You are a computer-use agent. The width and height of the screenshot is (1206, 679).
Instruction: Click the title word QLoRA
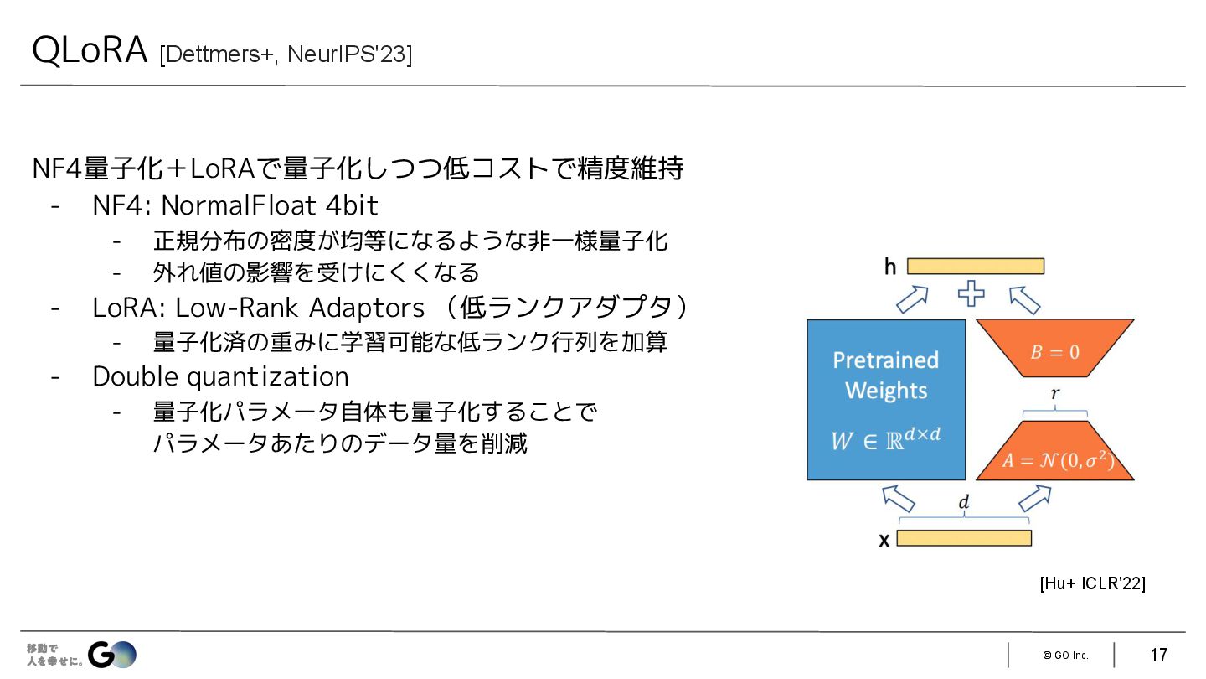(x=89, y=51)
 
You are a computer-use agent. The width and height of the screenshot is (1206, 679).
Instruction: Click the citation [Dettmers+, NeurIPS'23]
(x=285, y=55)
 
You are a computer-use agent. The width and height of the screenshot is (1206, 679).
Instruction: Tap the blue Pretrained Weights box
(x=886, y=399)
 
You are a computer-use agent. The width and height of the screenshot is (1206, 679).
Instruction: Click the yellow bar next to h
(x=976, y=267)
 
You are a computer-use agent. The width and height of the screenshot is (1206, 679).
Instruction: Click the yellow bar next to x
(x=964, y=538)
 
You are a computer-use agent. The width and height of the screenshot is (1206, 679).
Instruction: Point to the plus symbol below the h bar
(x=971, y=294)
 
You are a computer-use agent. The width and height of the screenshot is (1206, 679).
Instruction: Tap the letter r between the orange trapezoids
(x=1055, y=393)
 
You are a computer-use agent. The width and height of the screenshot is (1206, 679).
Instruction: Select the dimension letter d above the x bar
(x=964, y=503)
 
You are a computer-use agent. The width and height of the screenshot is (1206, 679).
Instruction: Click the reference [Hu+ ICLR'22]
(x=1092, y=583)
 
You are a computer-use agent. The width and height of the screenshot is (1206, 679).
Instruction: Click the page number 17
(x=1159, y=655)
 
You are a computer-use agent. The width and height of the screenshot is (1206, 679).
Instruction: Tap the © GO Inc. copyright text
(x=1065, y=656)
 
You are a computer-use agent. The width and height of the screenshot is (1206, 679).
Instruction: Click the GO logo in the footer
(x=111, y=654)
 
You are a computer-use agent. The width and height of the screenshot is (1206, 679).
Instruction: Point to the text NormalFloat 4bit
(x=270, y=205)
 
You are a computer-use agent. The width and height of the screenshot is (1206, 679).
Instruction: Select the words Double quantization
(x=220, y=377)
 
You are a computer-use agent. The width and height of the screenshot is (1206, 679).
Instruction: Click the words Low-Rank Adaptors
(x=300, y=308)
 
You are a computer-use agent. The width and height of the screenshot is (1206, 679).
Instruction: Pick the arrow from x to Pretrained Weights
(x=899, y=498)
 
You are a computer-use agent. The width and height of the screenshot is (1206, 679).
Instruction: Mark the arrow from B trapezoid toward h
(x=1024, y=299)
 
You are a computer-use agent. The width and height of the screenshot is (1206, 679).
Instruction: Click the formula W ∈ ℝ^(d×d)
(x=886, y=438)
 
